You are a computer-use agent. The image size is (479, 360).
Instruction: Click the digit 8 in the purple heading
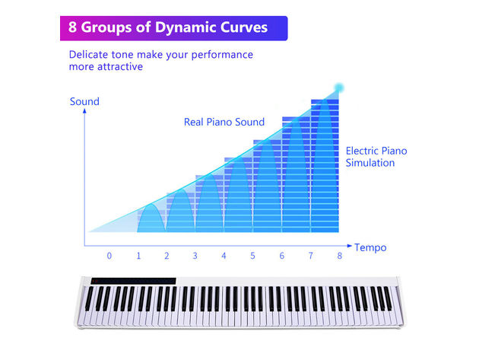coord(72,27)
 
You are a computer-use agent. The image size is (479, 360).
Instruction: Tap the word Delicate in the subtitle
coord(88,55)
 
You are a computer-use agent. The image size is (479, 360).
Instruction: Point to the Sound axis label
coord(84,101)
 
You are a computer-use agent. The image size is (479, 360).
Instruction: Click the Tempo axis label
coord(370,247)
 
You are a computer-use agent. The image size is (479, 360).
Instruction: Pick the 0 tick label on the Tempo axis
coord(109,256)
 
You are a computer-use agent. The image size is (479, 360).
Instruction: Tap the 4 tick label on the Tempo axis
coord(224,256)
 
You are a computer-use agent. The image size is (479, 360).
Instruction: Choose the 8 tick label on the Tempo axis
coord(339,256)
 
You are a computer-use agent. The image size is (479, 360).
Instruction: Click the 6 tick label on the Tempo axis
coord(281,256)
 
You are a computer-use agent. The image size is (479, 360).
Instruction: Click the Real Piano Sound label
coord(224,122)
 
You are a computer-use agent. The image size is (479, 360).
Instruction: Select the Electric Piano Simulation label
coord(376,157)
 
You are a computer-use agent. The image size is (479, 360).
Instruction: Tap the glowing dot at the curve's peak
coord(339,88)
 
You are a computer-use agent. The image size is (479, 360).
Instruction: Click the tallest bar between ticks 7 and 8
coord(325,165)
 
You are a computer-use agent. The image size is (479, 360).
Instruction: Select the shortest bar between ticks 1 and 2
coord(151,221)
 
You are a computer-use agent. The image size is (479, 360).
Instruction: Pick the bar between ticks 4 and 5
coord(238,195)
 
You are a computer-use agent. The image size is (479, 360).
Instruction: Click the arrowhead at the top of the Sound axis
coord(84,110)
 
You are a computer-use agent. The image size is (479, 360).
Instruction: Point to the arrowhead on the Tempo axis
coord(350,246)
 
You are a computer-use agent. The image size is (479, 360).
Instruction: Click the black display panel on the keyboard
coord(133,281)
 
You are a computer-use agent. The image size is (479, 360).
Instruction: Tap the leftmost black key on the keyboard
coord(89,299)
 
